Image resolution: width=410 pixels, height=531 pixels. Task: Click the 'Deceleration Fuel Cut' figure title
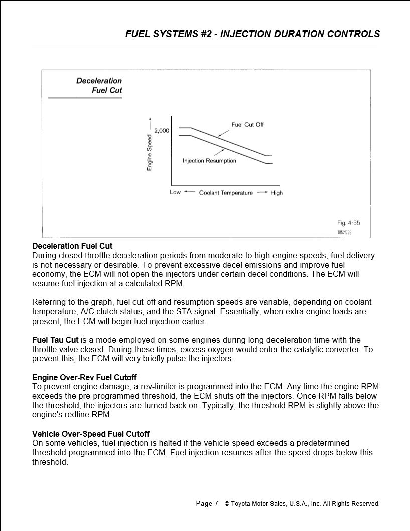[99, 86]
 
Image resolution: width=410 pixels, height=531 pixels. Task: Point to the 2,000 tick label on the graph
[162, 131]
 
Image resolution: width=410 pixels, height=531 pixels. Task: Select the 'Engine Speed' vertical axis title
[150, 153]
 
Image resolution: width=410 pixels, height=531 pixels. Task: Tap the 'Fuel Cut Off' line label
[247, 125]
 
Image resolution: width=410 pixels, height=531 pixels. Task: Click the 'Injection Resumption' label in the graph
[209, 161]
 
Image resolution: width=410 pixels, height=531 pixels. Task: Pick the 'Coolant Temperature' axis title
[226, 193]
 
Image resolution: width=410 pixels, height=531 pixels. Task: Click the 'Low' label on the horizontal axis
[175, 192]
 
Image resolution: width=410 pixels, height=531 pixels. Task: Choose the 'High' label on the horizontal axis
[277, 193]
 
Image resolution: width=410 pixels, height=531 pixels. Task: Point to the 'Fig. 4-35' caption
[348, 223]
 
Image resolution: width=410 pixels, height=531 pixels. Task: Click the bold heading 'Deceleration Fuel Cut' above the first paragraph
[72, 246]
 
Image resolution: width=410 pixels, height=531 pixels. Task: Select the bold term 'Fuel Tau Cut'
[55, 340]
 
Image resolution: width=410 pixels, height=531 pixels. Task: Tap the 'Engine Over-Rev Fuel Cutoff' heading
[84, 377]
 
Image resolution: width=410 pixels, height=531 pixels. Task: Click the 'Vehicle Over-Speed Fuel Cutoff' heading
[91, 434]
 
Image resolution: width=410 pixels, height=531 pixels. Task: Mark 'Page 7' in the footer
[207, 503]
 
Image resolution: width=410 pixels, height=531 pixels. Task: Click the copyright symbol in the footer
[227, 503]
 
